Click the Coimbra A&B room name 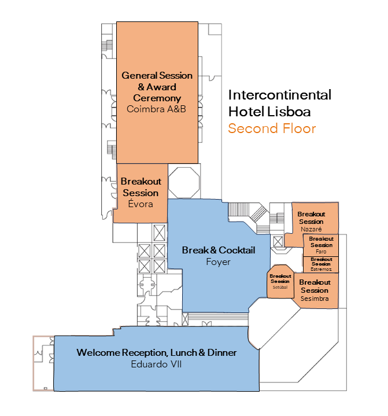click(157, 108)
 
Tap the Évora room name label click(141, 203)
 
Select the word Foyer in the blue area click(218, 262)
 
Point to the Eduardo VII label click(157, 364)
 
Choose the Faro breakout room click(321, 245)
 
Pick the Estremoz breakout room click(321, 264)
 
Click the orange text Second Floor click(272, 128)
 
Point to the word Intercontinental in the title click(280, 95)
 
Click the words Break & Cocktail click(218, 251)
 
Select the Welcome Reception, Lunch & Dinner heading click(157, 352)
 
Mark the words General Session click(157, 75)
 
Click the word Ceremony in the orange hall click(157, 98)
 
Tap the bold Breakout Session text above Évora click(141, 187)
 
